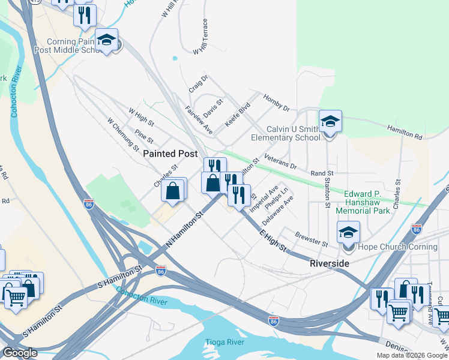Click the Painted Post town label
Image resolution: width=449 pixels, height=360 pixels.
pos(170,154)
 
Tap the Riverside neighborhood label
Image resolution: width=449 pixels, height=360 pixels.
pos(329,263)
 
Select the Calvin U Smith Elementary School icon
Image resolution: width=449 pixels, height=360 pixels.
pos(330,122)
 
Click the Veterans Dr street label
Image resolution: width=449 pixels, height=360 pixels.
pos(280,161)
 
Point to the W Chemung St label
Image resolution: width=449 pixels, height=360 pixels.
pos(122,134)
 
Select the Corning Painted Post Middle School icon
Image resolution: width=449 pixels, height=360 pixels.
pos(107,40)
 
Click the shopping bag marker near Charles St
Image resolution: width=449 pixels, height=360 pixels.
pos(173,191)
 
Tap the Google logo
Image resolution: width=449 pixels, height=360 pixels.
pos(19,352)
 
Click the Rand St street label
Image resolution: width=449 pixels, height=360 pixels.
pos(321,173)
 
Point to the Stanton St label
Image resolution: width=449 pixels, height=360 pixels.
pos(327,193)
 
